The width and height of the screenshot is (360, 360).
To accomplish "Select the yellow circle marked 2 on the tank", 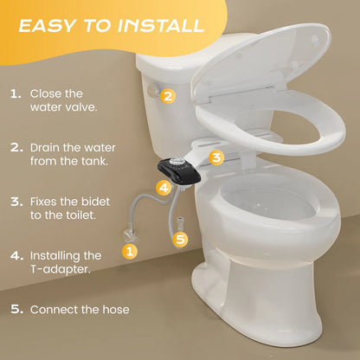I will [x=168, y=96].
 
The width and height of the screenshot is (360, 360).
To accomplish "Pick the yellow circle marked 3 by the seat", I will [x=217, y=157].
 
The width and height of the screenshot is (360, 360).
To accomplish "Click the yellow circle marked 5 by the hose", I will [x=180, y=238].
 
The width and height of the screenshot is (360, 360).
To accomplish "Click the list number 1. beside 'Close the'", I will [x=16, y=93].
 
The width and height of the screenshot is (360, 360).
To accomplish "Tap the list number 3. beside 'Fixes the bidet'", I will [x=16, y=202].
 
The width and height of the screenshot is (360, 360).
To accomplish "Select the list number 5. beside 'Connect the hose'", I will [x=16, y=309].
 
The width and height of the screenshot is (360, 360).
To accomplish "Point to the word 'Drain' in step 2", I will [x=47, y=147].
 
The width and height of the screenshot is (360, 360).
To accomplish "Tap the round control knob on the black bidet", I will [x=179, y=163].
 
